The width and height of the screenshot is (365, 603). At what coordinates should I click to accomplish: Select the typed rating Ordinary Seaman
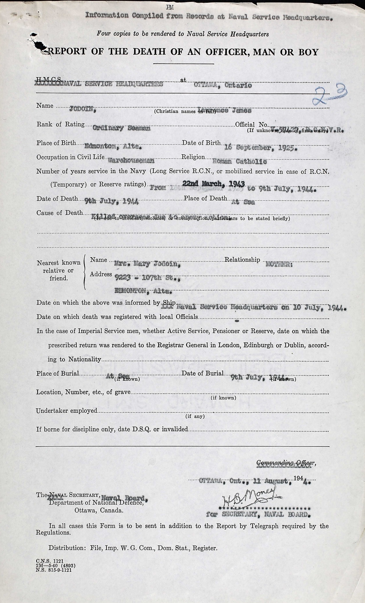click(x=121, y=128)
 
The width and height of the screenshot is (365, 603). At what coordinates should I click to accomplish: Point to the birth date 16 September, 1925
click(x=260, y=148)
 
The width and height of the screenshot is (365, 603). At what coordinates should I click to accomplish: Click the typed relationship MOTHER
click(x=279, y=264)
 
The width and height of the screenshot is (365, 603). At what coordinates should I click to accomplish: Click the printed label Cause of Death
click(x=60, y=213)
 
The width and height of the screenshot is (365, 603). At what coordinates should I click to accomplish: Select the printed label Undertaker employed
click(x=67, y=411)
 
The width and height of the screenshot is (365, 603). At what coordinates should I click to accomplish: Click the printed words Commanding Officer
click(x=286, y=463)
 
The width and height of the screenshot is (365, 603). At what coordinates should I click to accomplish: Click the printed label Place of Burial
click(x=58, y=373)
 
